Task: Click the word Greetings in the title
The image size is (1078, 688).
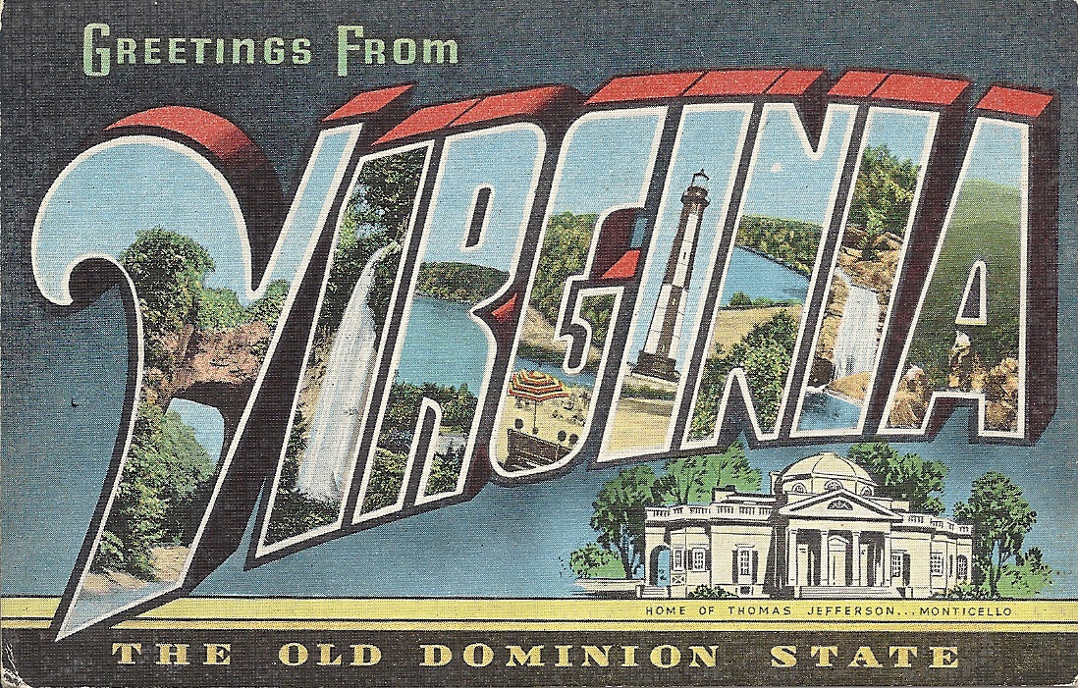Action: click(x=195, y=47)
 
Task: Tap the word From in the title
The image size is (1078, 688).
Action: click(x=399, y=47)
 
